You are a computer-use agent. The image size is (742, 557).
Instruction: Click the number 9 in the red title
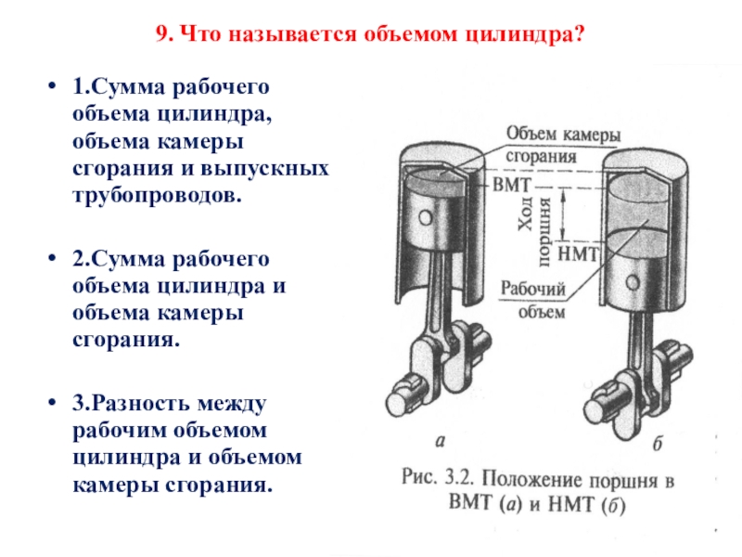tap(161, 35)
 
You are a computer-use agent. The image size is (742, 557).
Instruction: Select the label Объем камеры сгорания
tap(561, 145)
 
